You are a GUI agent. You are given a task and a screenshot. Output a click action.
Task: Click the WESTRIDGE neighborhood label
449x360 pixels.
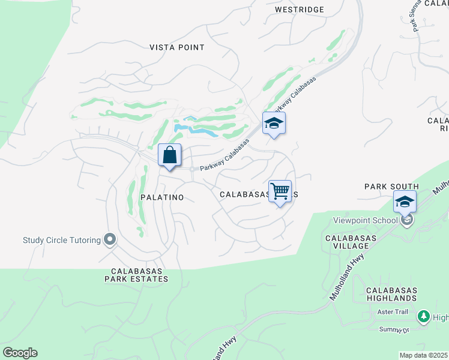(x=299, y=10)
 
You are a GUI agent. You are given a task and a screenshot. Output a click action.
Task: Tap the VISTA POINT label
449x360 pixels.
(x=176, y=47)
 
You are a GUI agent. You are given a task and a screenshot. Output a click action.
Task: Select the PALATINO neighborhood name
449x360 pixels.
(x=161, y=197)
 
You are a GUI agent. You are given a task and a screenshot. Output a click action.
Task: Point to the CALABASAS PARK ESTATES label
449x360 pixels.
(x=136, y=275)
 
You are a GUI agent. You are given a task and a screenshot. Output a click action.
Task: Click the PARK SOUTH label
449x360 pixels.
(x=391, y=187)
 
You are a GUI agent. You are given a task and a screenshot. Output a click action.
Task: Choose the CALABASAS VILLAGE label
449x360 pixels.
(x=354, y=242)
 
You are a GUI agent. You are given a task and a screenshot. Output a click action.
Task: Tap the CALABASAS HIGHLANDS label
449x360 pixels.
(x=391, y=294)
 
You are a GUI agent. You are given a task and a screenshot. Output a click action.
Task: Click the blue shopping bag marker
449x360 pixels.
(x=170, y=155)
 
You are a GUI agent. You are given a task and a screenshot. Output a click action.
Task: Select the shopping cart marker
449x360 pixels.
(x=280, y=192)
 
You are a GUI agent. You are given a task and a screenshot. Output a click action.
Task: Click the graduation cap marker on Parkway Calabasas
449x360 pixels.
(x=274, y=124)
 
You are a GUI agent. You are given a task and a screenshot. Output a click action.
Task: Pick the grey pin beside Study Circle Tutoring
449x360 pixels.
(x=109, y=240)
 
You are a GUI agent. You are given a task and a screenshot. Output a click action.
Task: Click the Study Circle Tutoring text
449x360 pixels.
(x=62, y=241)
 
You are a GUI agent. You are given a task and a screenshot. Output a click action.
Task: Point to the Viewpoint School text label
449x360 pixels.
(x=366, y=220)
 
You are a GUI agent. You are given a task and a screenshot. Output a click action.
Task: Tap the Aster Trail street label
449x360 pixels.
(x=393, y=312)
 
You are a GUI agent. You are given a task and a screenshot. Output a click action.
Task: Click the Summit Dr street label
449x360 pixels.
(x=393, y=329)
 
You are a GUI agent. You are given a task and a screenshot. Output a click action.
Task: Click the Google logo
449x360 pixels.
(x=20, y=353)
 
